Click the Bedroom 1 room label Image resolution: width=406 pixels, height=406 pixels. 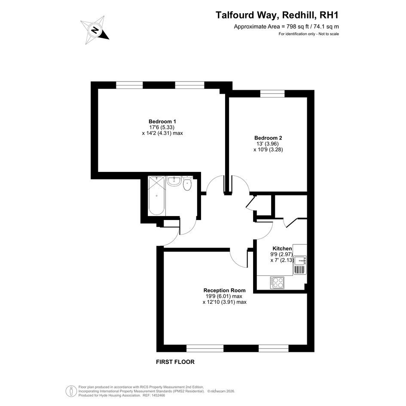[x=162, y=122]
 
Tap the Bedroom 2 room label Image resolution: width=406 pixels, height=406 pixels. [x=268, y=138]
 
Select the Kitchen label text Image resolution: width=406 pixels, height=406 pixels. [x=282, y=249]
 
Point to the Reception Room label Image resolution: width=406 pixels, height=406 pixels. [x=225, y=290]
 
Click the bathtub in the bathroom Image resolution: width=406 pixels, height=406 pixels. [x=157, y=195]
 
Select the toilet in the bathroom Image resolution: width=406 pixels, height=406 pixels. [x=187, y=183]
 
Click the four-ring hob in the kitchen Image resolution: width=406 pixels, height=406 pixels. [x=277, y=282]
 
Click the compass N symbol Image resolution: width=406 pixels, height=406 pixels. [x=95, y=30]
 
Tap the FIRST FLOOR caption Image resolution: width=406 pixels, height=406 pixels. [x=175, y=362]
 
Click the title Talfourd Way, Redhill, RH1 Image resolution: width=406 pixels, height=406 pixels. [x=277, y=15]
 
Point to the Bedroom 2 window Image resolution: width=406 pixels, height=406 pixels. [x=272, y=94]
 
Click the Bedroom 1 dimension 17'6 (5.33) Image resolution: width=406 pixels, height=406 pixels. [x=162, y=128]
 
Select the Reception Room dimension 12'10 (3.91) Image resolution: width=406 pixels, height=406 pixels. [x=225, y=302]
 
